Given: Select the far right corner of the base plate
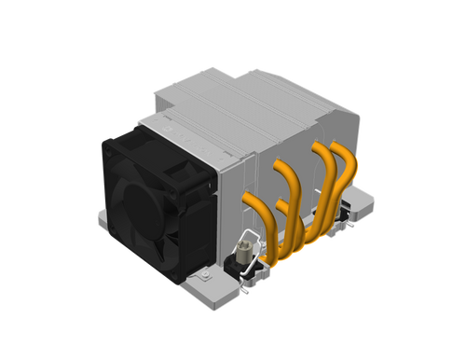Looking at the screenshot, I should click(377, 201).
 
